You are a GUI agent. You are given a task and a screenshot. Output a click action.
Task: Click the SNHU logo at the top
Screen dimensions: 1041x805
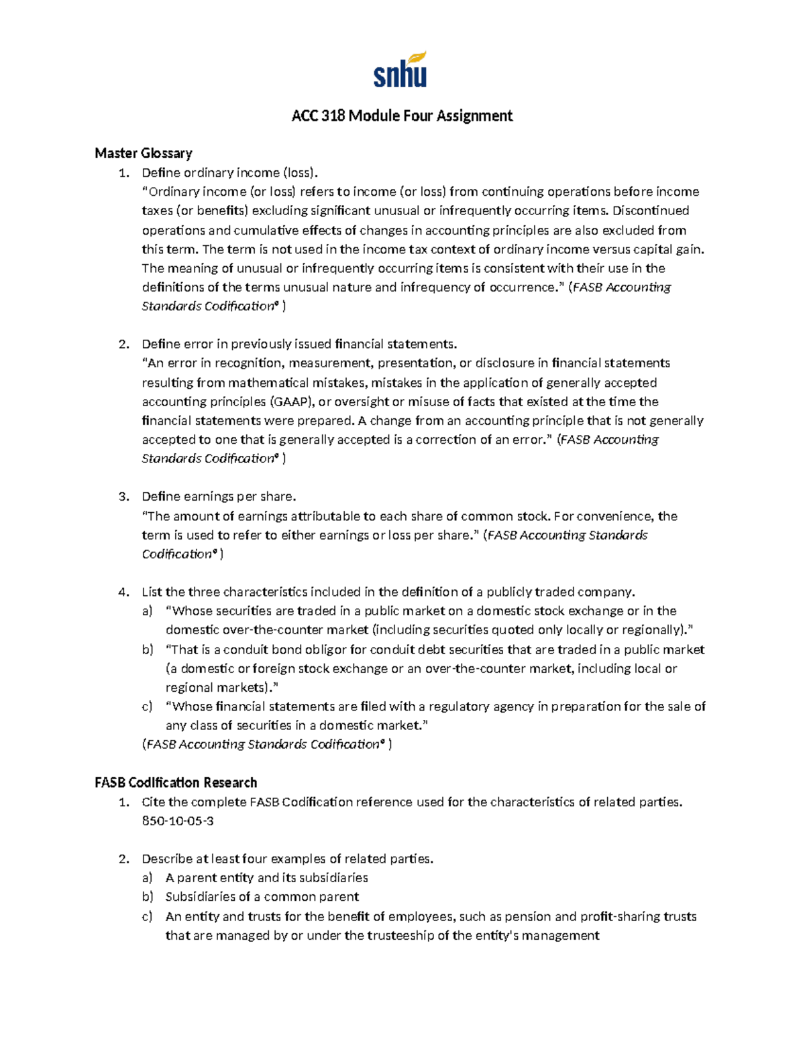(x=400, y=70)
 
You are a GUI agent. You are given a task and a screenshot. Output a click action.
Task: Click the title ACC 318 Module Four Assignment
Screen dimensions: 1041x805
(x=402, y=116)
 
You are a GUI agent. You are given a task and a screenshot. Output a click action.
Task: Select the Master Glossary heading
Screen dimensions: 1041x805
(x=144, y=154)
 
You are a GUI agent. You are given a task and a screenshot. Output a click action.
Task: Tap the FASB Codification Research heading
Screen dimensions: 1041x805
(x=176, y=782)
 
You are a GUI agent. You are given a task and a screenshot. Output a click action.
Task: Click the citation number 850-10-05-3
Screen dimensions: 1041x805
(x=178, y=820)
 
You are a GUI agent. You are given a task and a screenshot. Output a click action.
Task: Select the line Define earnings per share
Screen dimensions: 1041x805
(x=219, y=497)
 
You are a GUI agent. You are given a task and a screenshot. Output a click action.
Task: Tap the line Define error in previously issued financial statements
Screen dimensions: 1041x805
(x=299, y=344)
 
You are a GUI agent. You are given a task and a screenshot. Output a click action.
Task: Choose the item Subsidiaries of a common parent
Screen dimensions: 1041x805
(x=262, y=897)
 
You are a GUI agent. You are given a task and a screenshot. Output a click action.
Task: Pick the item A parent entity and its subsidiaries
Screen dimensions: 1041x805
(x=266, y=877)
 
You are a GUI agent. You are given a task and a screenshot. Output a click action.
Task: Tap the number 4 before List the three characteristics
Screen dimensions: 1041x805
(x=123, y=592)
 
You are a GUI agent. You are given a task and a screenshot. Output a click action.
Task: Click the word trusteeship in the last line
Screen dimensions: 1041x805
(x=400, y=936)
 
